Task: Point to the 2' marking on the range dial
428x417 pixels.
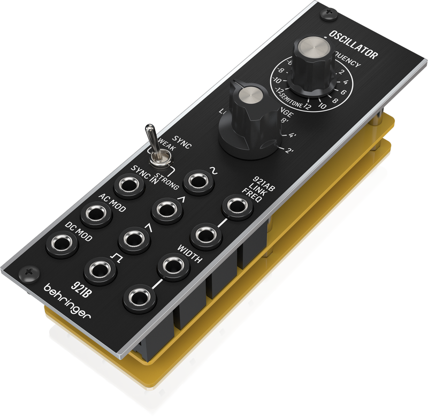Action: pos(290,151)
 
